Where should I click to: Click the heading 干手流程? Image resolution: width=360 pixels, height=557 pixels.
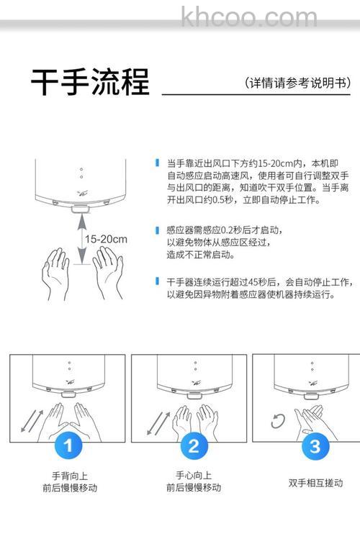(90, 83)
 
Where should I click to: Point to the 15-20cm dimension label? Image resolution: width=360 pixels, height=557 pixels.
(105, 239)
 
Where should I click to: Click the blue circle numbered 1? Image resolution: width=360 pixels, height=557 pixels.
(68, 446)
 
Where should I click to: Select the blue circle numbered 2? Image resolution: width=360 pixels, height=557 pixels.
(192, 446)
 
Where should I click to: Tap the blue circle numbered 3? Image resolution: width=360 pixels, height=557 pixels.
(314, 446)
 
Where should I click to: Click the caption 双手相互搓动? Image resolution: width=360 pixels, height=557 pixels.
(315, 483)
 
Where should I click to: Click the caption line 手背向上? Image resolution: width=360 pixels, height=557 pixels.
(68, 476)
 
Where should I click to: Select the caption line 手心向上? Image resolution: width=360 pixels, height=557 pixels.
(193, 476)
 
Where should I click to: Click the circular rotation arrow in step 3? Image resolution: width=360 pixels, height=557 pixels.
(278, 422)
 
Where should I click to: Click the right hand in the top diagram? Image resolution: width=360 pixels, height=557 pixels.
(108, 270)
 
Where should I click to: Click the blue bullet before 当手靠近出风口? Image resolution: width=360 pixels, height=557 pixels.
(157, 163)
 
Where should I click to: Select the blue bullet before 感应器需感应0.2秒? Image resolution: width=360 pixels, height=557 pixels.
(157, 230)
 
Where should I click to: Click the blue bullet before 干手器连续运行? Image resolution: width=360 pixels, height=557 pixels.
(157, 281)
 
